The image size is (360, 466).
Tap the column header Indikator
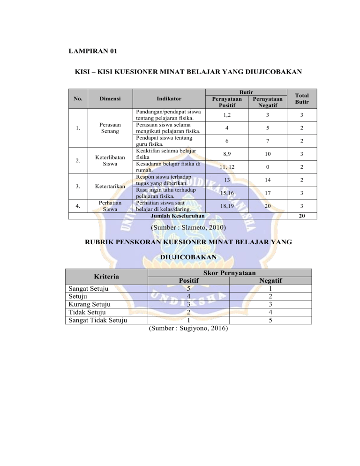[170, 99]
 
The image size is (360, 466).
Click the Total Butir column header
[299, 99]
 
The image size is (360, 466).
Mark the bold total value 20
[299, 216]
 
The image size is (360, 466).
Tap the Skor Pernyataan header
[229, 272]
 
